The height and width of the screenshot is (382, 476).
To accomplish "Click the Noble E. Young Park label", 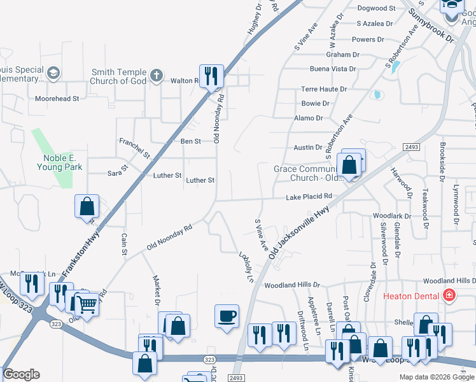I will (63, 162).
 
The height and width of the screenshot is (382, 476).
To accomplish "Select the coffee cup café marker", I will (227, 316).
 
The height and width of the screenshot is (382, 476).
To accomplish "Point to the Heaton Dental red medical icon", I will (449, 296).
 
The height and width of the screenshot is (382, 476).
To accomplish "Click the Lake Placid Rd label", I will (309, 197).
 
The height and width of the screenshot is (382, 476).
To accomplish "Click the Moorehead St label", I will (57, 99).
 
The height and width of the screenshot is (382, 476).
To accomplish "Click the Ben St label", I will (191, 141).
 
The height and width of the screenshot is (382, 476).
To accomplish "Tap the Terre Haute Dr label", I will (324, 89).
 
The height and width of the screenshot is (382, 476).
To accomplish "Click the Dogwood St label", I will (377, 8).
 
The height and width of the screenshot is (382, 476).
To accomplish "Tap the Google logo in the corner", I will (21, 374).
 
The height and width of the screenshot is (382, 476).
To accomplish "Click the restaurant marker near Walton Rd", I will (211, 76).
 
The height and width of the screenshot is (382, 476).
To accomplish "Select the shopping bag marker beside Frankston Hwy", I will (87, 206).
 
